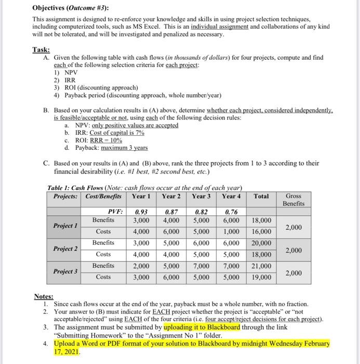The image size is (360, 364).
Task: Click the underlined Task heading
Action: tap(41, 50)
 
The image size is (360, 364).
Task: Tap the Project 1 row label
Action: tap(65, 226)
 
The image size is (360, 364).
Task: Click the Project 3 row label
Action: tap(65, 271)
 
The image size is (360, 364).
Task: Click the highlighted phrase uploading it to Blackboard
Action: tap(202, 327)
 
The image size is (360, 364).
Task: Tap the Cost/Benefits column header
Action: tap(107, 196)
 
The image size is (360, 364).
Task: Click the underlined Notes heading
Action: tap(43, 296)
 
